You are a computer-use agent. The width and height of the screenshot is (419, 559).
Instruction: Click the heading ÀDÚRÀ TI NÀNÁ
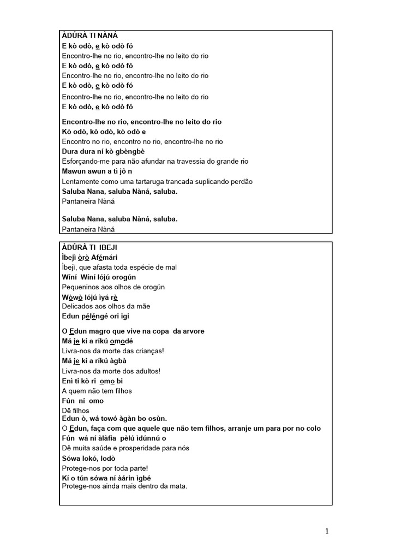(90, 36)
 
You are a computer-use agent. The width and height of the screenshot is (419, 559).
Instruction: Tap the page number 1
(327, 531)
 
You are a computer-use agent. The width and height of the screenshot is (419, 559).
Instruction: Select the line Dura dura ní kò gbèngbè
(103, 152)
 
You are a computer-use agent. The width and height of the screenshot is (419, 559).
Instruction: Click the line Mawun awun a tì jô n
(97, 171)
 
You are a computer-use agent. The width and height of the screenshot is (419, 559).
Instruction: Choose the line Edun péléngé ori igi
(95, 317)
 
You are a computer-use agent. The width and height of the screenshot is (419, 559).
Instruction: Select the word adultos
(145, 371)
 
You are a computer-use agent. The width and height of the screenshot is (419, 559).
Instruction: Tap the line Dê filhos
(76, 411)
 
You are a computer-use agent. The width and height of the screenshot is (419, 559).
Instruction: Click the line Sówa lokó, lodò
(88, 459)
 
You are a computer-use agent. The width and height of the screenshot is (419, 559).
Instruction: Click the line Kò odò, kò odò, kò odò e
(104, 132)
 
